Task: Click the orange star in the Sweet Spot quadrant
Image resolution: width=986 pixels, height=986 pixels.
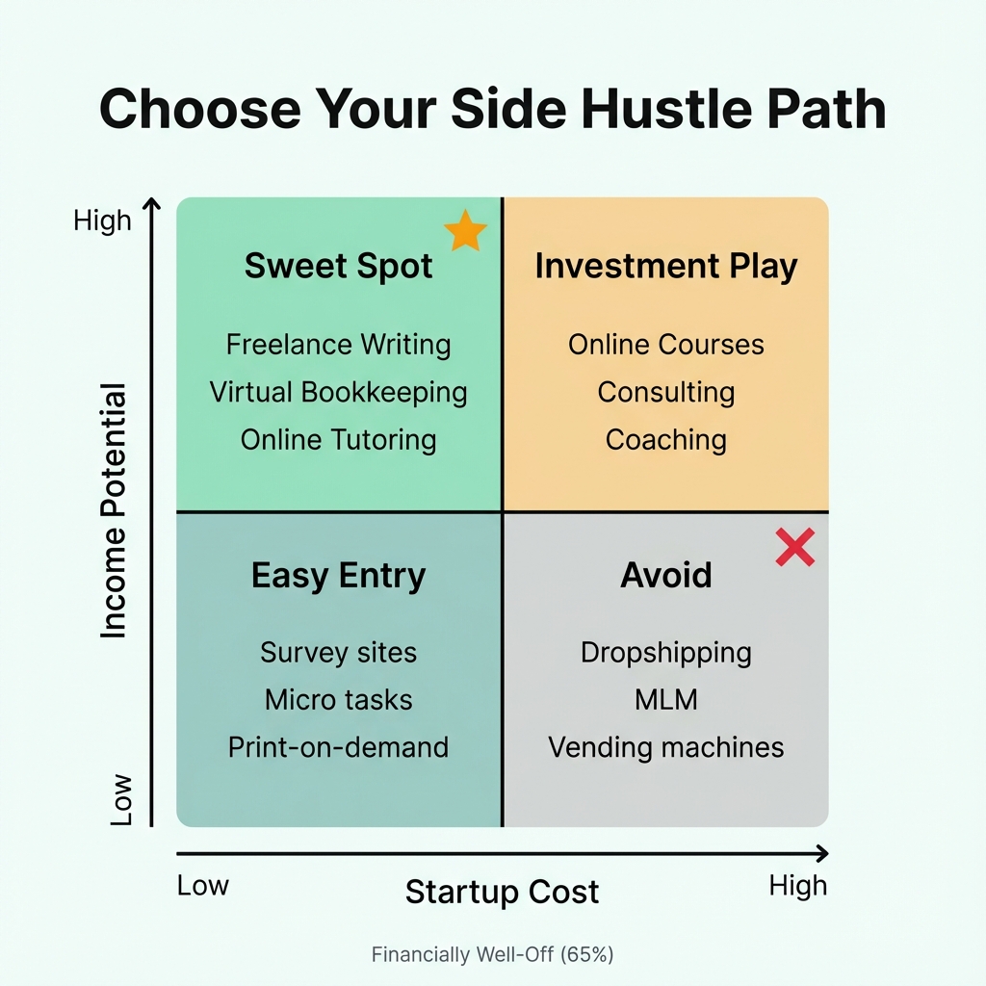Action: [465, 232]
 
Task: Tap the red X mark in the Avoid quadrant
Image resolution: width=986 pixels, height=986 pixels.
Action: [795, 547]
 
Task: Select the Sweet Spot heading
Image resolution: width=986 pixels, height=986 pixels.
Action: [338, 266]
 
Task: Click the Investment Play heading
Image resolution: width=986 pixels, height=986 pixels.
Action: [666, 266]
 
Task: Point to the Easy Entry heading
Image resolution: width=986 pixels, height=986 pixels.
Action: [338, 576]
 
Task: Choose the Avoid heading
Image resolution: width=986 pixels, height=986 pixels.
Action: [666, 576]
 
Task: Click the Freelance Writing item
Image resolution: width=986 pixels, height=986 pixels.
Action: [338, 345]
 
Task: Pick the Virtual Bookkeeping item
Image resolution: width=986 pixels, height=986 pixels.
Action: [338, 392]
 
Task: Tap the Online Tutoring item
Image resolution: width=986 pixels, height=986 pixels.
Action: [338, 440]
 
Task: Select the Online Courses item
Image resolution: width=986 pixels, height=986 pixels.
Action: [666, 345]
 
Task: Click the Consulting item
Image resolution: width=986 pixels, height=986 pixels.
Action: [666, 392]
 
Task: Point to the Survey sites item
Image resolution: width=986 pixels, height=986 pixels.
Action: [338, 653]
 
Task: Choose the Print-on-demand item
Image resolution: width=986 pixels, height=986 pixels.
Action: [338, 747]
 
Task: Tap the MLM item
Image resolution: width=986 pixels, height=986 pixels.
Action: [666, 700]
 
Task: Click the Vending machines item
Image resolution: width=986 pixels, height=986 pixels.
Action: [666, 747]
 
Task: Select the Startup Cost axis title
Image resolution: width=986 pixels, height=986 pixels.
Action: [502, 892]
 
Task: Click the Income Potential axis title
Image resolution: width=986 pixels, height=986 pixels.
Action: [114, 510]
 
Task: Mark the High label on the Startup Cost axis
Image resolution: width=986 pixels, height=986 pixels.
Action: [797, 886]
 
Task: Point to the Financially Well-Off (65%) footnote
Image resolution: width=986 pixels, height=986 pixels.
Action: [492, 955]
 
